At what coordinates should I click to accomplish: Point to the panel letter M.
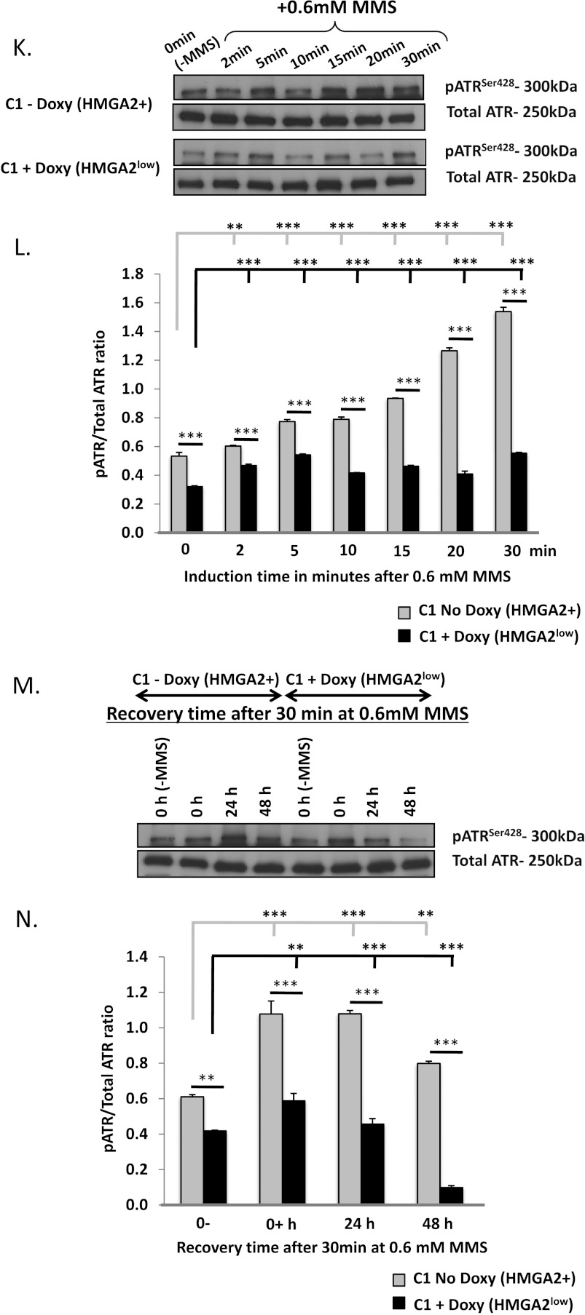point(26,686)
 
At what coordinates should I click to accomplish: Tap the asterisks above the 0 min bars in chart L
point(190,435)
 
